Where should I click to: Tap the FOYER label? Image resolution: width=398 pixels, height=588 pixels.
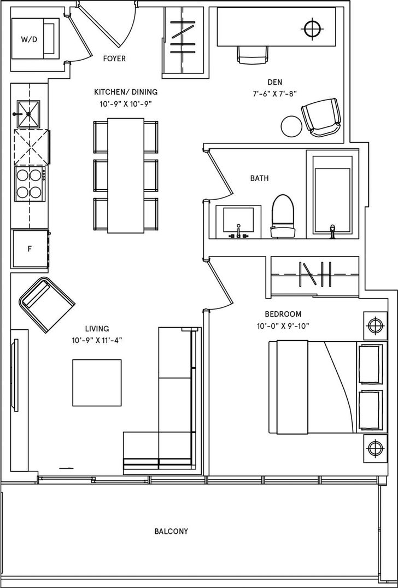pos(114,59)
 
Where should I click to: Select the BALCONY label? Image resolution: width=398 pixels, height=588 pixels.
pos(171,531)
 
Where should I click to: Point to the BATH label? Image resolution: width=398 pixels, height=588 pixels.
pos(259,178)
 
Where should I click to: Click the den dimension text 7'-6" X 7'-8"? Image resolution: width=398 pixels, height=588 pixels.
pos(275,94)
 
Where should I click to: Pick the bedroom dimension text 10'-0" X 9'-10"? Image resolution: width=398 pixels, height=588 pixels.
pos(283,326)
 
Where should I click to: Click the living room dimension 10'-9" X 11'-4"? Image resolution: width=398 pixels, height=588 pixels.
pos(97,341)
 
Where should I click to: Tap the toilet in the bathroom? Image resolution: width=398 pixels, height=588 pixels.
pos(283,216)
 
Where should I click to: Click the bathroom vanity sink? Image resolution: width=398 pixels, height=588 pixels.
pos(238,222)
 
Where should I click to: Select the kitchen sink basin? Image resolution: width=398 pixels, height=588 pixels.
pos(28,114)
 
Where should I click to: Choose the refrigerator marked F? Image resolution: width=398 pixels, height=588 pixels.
pos(31,249)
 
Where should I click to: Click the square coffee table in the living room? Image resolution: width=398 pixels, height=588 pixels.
pos(97,382)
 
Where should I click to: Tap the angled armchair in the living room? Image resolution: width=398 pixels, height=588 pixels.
pos(47,305)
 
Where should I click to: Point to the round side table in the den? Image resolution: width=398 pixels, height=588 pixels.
pos(291,126)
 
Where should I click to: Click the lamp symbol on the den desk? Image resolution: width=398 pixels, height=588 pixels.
pos(313,28)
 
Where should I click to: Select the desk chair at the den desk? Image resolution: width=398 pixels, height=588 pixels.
pos(253,55)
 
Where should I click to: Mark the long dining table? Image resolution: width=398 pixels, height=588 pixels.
pos(126,176)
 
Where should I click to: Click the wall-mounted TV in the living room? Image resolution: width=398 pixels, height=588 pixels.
pos(15,375)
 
